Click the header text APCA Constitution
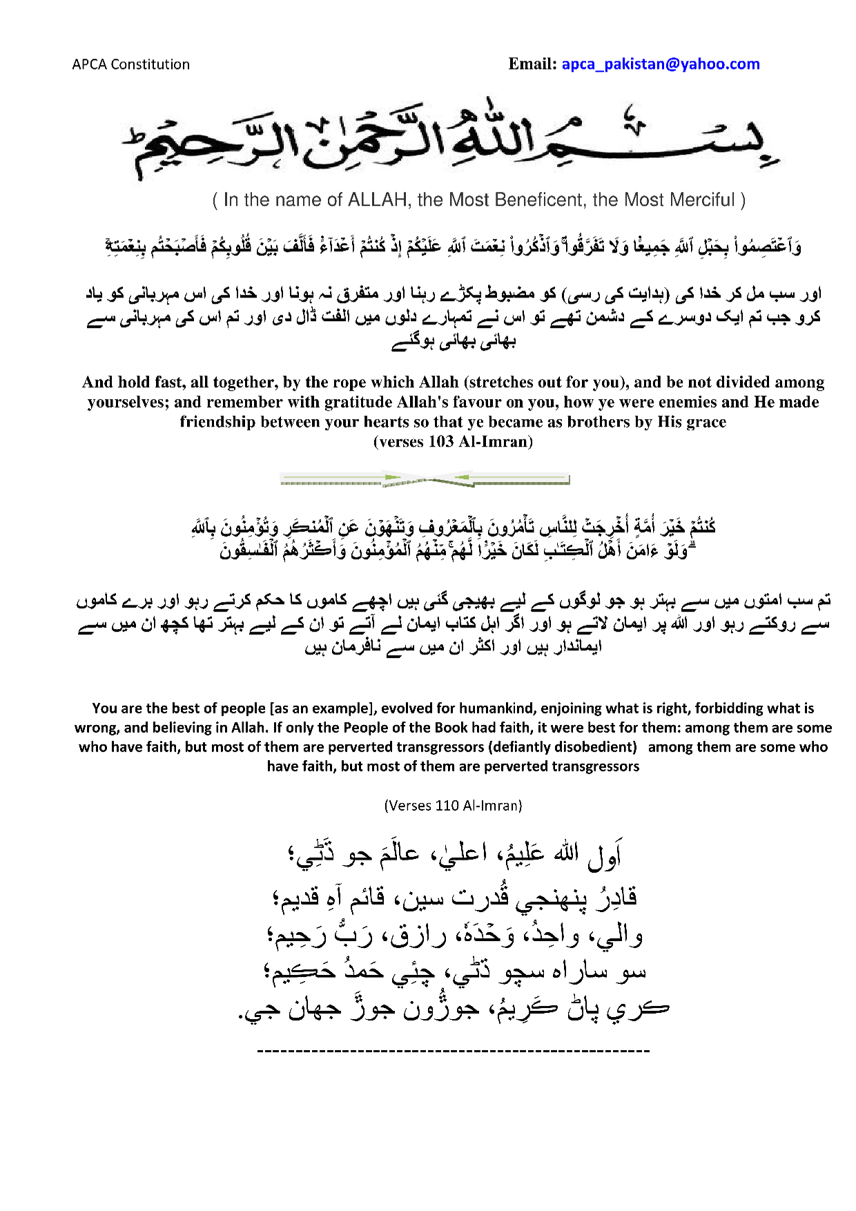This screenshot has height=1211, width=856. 130,64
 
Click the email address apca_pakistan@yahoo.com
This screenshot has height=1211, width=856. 660,64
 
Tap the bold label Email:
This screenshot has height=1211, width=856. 532,64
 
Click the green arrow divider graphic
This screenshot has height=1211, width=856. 425,478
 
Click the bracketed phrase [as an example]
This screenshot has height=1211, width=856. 322,708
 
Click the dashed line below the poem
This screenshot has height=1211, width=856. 453,1051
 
